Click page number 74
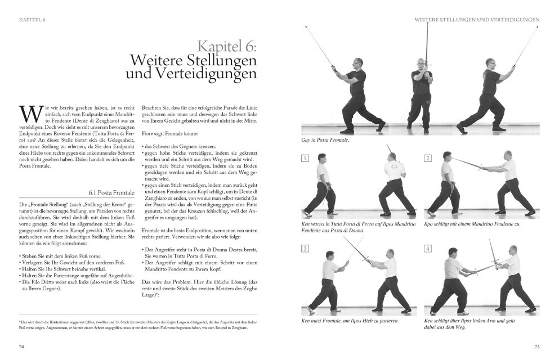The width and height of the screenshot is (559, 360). coord(22,346)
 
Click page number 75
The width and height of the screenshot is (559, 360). coord(536,346)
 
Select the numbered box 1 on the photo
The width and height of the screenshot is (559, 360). coord(305,159)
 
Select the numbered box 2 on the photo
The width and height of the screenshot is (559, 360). coord(428,159)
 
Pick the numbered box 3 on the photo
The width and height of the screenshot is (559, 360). coord(305,248)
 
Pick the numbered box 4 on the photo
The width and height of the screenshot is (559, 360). coord(428,248)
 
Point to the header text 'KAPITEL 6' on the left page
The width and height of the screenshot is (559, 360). coord(33,19)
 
